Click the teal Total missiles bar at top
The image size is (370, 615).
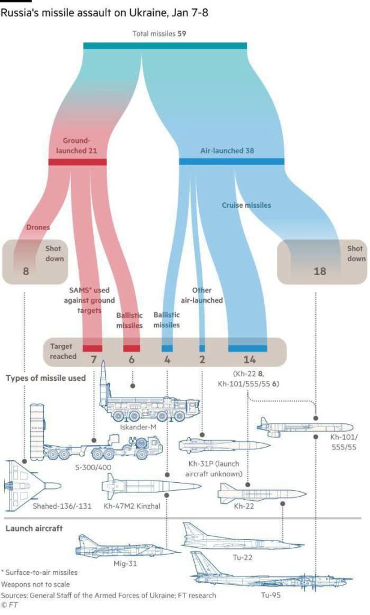pos(165,46)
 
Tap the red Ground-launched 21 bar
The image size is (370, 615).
pos(77,162)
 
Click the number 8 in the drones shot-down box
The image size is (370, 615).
pos(25,271)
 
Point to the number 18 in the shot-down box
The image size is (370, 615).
pos(320,271)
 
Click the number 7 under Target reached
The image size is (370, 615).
pos(92,360)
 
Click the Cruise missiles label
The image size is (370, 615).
pos(246,205)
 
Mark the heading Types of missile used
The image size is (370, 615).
pos(46,378)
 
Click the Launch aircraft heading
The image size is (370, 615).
pos(35,529)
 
